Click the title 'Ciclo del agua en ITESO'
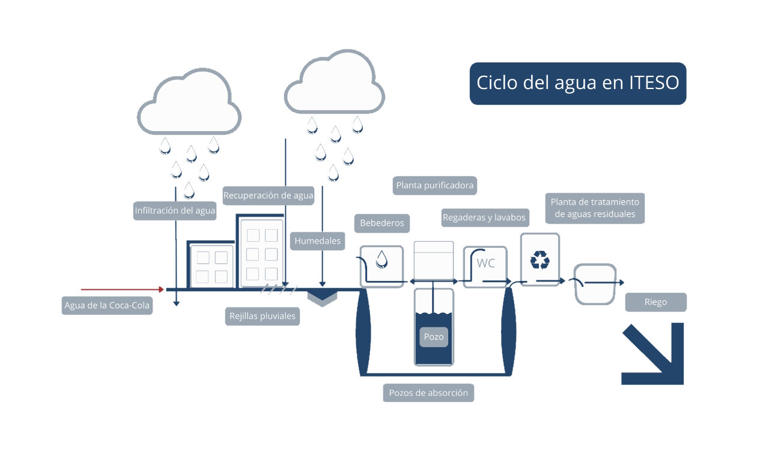[578, 83]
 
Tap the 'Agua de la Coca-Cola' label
[107, 305]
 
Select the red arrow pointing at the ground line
[122, 289]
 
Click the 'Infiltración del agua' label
[175, 211]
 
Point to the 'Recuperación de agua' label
[268, 196]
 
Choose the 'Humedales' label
[318, 241]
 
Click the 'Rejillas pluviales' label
[263, 316]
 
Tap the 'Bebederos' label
[382, 223]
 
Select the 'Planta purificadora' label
[434, 185]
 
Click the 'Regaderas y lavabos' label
[484, 217]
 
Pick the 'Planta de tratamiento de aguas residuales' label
[595, 208]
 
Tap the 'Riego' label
[655, 302]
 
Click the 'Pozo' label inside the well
[434, 337]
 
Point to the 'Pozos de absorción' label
[428, 393]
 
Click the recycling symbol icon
[540, 260]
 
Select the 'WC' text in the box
[486, 263]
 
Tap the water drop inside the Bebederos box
[381, 259]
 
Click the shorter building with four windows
[211, 265]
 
